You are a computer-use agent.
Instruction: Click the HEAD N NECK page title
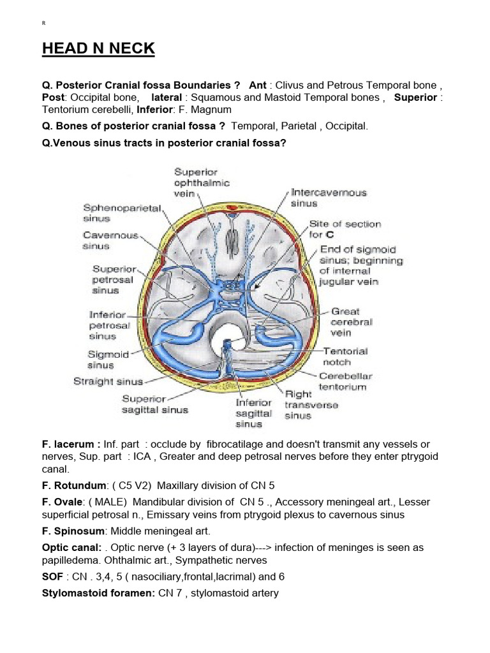point(99,49)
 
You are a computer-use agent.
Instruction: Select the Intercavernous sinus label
point(329,198)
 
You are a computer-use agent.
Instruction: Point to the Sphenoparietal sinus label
point(123,213)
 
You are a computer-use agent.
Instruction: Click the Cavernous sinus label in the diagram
point(110,240)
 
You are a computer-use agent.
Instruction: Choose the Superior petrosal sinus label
point(114,279)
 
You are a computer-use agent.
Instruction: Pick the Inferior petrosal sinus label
point(110,325)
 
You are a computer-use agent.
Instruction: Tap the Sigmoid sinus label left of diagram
point(108,360)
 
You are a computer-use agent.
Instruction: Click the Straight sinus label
point(108,382)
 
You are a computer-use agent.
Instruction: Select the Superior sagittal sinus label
point(154,404)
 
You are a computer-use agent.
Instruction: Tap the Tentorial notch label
point(345,356)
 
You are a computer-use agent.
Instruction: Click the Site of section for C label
point(345,229)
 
